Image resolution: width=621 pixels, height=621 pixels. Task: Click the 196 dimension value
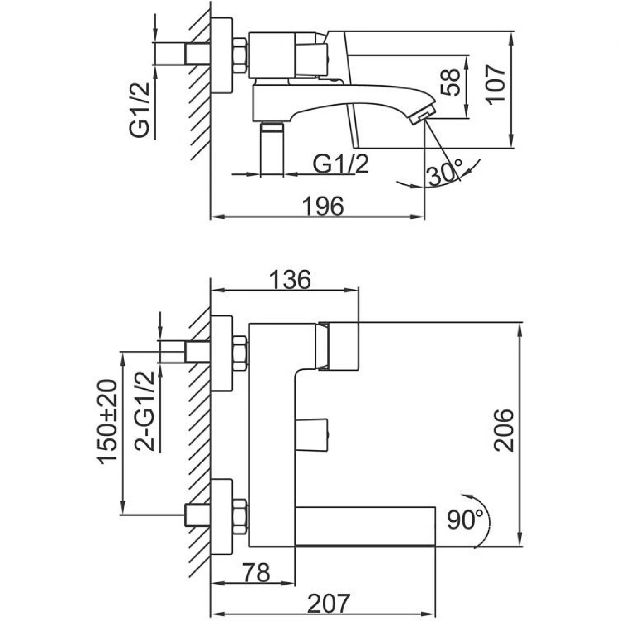click(323, 206)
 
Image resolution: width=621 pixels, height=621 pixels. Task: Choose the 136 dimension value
click(290, 280)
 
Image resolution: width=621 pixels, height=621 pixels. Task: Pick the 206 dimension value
click(503, 430)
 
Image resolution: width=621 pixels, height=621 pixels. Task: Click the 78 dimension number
click(257, 573)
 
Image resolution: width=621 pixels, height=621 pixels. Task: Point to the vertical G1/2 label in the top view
click(140, 110)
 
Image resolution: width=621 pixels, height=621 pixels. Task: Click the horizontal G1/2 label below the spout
click(340, 164)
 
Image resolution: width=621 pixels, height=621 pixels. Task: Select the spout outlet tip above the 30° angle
click(422, 113)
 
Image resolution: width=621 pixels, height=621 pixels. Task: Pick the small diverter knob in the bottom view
click(312, 435)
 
